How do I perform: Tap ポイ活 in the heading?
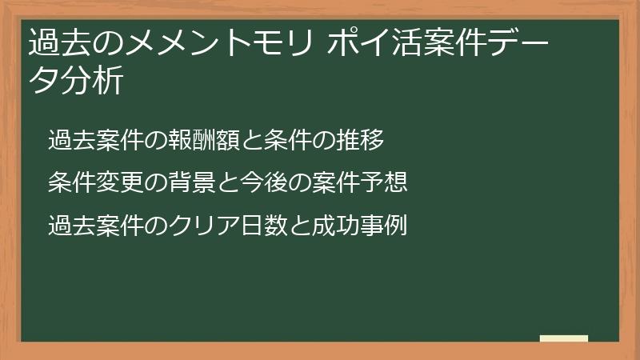point(372,42)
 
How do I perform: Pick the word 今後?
point(261,182)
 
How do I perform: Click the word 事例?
point(386,225)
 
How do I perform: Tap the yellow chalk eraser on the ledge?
point(563,338)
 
